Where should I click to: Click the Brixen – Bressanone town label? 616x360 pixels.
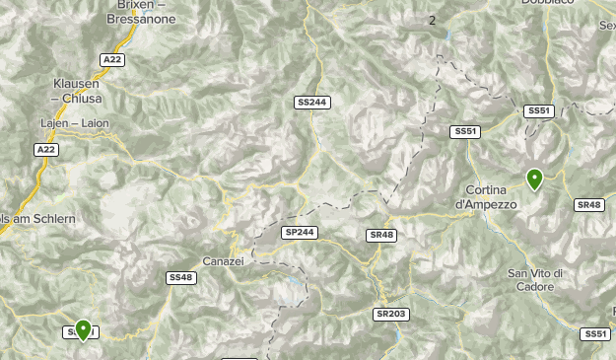point(140,12)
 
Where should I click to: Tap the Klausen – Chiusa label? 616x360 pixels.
point(81,92)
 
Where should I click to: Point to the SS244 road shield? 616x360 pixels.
point(310,102)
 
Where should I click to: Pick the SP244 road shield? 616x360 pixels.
point(300,232)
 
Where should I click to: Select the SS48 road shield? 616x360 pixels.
point(181,278)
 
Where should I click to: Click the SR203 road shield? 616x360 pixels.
point(390,314)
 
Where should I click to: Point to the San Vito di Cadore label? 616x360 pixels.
point(535,279)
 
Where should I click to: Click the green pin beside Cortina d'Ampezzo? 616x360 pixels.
point(534,179)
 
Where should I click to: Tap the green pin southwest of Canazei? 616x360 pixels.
point(83,329)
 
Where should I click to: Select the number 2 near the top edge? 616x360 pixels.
point(432,20)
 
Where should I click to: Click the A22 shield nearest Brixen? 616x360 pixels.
point(113,60)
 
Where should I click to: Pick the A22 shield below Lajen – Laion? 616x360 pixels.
point(45,150)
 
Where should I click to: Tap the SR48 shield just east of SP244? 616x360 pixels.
point(381,235)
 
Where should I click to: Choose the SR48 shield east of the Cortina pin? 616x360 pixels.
point(588,204)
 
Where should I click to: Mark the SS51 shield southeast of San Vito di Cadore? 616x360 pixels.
point(595,334)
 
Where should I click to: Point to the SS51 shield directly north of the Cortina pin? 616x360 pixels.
point(539,111)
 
